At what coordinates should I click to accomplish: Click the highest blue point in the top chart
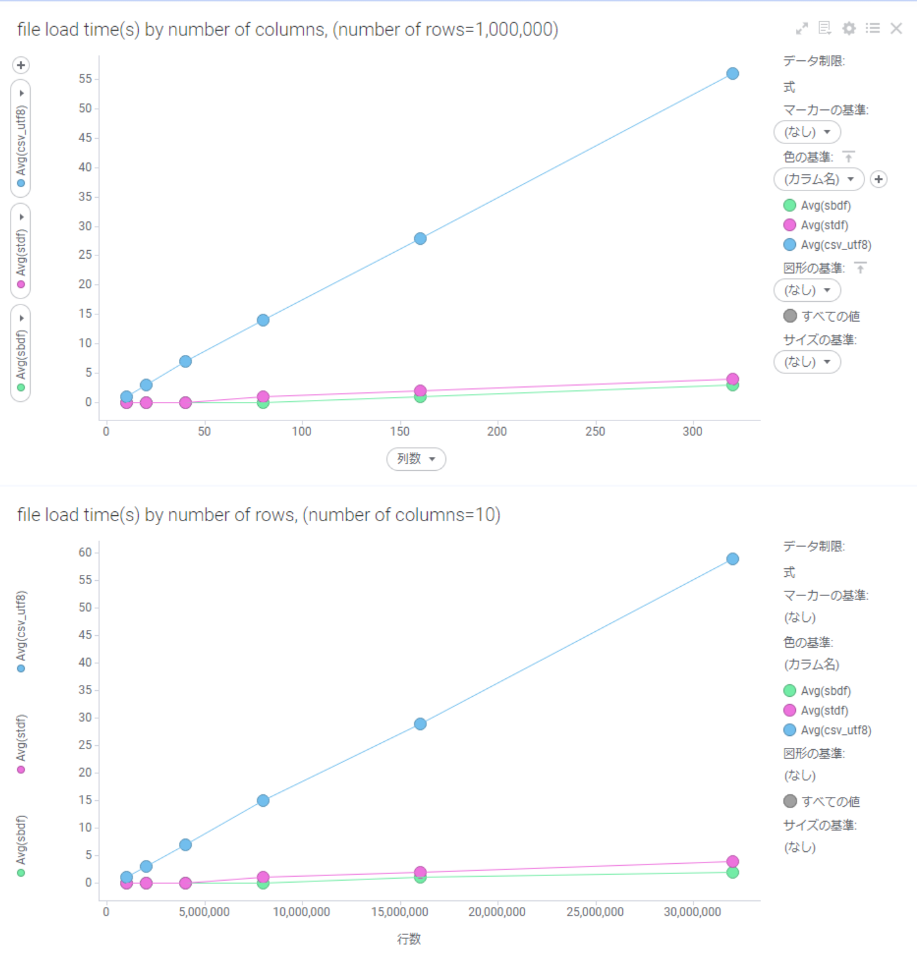pos(732,74)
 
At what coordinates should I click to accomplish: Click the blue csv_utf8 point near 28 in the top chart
pos(420,239)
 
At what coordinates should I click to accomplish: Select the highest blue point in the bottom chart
pos(732,559)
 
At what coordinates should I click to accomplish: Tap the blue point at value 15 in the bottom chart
pos(263,801)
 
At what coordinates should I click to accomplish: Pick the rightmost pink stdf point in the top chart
pos(732,379)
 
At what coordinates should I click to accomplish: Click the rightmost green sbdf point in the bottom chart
pos(732,872)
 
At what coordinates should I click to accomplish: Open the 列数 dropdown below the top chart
pos(416,459)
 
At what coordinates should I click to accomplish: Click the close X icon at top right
pos(896,28)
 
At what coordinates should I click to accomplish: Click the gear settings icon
pos(849,28)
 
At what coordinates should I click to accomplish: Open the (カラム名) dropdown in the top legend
pos(819,179)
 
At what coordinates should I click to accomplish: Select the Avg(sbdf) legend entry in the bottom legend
pos(825,691)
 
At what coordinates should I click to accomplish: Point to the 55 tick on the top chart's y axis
pos(85,79)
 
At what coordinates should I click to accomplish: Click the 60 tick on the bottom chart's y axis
pos(85,553)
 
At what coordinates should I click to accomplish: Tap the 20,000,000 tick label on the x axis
pos(496,912)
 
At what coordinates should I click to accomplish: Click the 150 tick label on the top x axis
pos(400,432)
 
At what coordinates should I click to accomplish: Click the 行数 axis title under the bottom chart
pos(409,939)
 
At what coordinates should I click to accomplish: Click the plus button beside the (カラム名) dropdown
pos(878,179)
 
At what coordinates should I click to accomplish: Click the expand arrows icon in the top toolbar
pos(802,28)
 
